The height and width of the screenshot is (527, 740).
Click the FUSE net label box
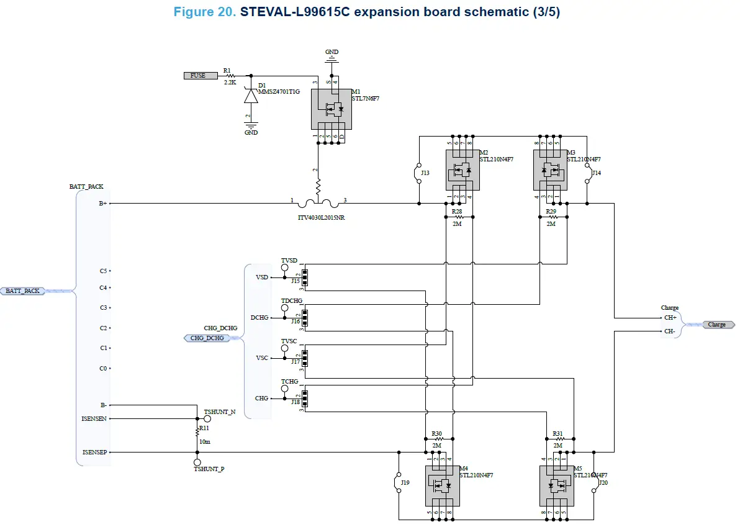tap(201, 76)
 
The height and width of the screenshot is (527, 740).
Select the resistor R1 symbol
tap(232, 76)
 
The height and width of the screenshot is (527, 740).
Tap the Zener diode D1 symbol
tap(251, 96)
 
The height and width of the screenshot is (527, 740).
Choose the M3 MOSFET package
tap(550, 169)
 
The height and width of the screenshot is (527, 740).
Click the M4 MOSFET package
tap(441, 485)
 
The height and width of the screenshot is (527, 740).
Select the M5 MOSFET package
tap(556, 485)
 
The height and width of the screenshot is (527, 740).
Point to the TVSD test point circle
tap(285, 268)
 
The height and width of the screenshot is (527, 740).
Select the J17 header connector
tap(304, 358)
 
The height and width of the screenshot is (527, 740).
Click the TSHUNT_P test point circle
tap(197, 462)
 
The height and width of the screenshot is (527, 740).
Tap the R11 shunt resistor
tap(197, 430)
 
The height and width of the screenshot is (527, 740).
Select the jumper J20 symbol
tap(594, 482)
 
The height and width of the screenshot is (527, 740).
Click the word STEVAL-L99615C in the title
tap(290, 12)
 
